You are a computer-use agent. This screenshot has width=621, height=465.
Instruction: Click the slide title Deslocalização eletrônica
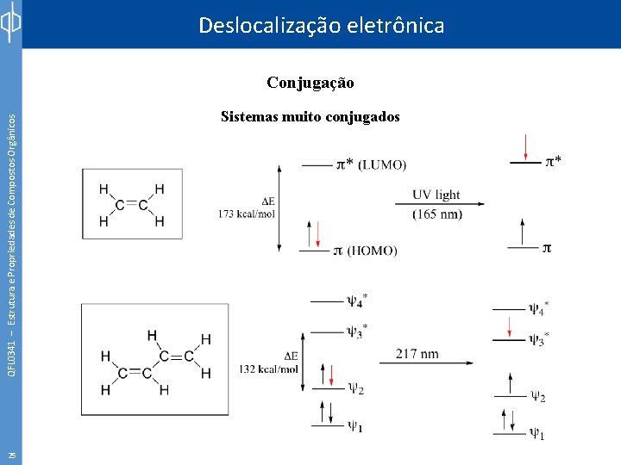(321, 25)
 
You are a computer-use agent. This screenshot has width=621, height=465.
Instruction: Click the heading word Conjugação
(310, 83)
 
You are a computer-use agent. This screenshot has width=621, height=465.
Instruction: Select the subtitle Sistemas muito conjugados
(310, 116)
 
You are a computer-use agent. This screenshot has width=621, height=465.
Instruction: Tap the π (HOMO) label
(365, 251)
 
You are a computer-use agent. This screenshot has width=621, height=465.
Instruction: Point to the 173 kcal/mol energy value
(247, 213)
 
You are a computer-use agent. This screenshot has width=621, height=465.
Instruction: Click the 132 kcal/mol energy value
(269, 369)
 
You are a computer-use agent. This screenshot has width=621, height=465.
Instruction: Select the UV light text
(436, 195)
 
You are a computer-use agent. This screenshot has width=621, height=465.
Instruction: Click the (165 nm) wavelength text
(436, 214)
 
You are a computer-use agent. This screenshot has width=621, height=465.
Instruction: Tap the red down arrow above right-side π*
(526, 147)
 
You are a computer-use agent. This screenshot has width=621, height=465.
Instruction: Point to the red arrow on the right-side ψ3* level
(511, 328)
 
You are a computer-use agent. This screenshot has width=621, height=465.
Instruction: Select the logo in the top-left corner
(10, 24)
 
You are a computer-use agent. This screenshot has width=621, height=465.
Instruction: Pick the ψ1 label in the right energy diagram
(536, 434)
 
